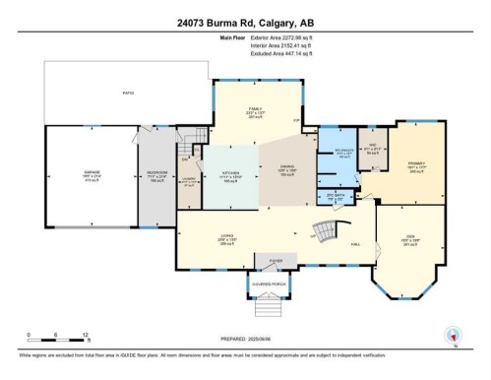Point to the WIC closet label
[370, 149]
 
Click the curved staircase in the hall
[326, 233]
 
